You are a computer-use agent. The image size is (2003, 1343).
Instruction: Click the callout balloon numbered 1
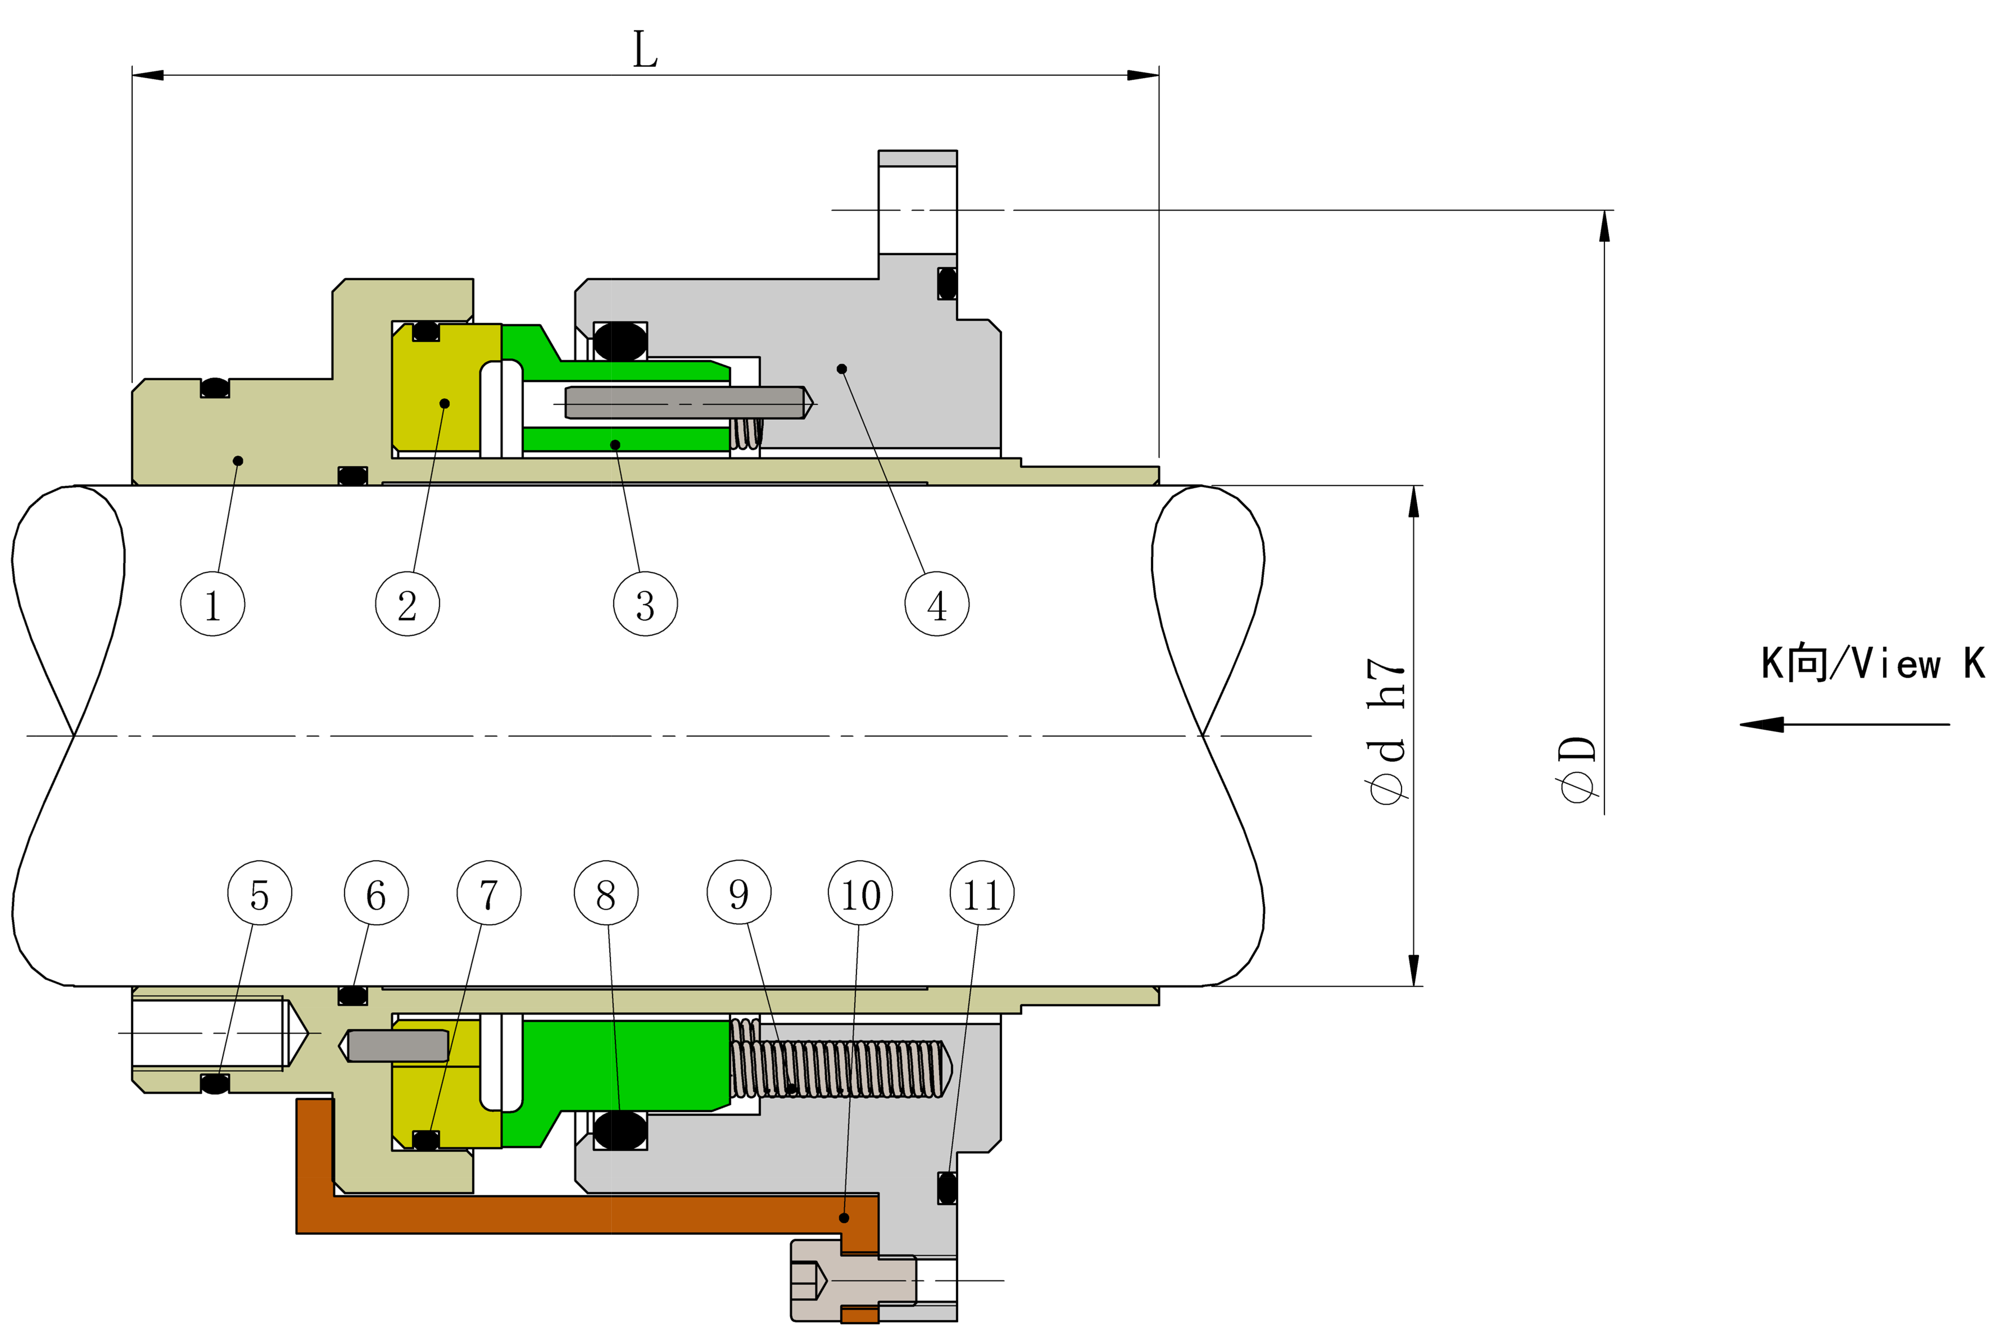[212, 604]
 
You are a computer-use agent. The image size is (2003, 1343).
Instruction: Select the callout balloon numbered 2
[408, 604]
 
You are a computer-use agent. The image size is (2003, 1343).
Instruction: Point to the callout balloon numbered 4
[937, 604]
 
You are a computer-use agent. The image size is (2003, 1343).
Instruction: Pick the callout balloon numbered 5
[260, 892]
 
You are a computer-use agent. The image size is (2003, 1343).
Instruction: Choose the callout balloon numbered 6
[376, 892]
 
